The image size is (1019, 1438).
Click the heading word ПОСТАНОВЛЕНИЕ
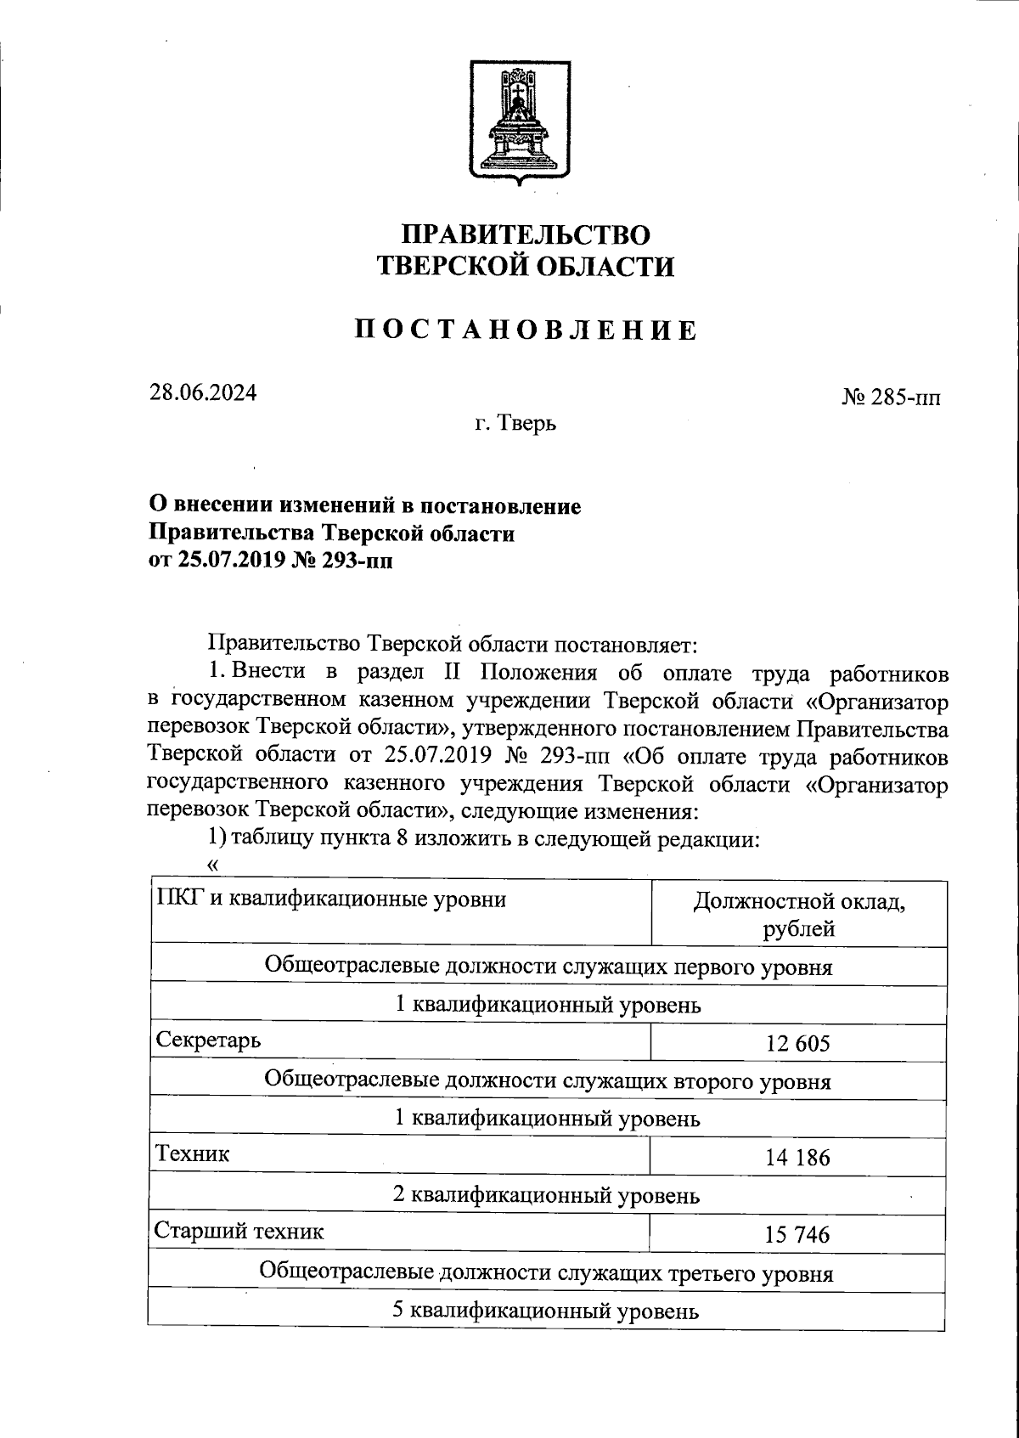pyautogui.click(x=526, y=330)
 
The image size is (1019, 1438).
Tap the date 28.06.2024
pyautogui.click(x=203, y=393)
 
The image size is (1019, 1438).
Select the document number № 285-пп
pyautogui.click(x=891, y=398)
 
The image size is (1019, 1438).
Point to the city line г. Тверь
pyautogui.click(x=515, y=422)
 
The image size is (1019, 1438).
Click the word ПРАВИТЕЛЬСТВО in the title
pyautogui.click(x=526, y=234)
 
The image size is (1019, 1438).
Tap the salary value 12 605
pyautogui.click(x=797, y=1044)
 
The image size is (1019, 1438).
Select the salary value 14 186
pyautogui.click(x=797, y=1158)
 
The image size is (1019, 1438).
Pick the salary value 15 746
pyautogui.click(x=797, y=1234)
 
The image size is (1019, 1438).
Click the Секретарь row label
pyautogui.click(x=208, y=1040)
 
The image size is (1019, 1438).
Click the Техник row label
pyautogui.click(x=192, y=1153)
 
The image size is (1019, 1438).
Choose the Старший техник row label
pyautogui.click(x=239, y=1230)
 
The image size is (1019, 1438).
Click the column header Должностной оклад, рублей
pyautogui.click(x=798, y=914)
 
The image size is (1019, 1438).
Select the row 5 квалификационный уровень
pyautogui.click(x=546, y=1311)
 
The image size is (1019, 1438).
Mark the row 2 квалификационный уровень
pyautogui.click(x=546, y=1196)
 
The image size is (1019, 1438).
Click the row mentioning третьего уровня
pyautogui.click(x=546, y=1272)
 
